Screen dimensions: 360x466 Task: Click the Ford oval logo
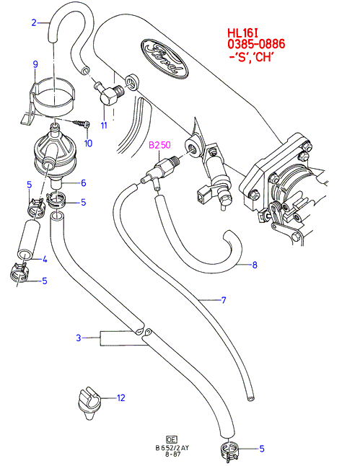click(x=164, y=58)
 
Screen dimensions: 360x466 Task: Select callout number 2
click(x=34, y=22)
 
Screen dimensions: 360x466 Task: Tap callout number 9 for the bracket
click(x=35, y=64)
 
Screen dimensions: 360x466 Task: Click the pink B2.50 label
click(x=159, y=145)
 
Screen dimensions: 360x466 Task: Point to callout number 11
click(x=104, y=125)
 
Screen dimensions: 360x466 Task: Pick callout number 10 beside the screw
click(x=88, y=144)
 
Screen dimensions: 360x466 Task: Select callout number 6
click(x=84, y=183)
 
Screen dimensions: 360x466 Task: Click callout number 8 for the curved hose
click(x=255, y=265)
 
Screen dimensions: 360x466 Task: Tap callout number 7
click(x=224, y=300)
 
